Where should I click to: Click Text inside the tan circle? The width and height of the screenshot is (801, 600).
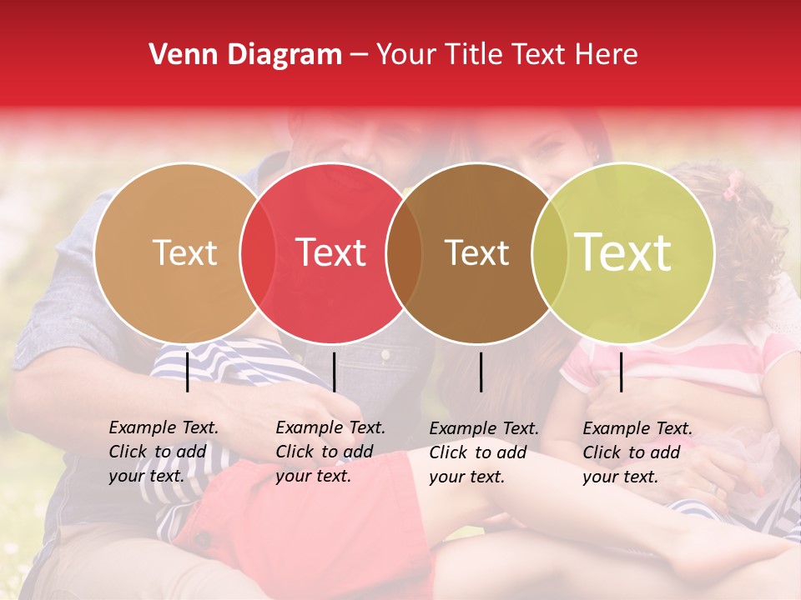(184, 252)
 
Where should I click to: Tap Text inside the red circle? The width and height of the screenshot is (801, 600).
(331, 252)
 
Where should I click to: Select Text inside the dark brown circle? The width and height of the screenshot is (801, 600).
(476, 252)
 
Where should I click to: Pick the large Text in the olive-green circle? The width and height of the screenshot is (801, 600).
(623, 252)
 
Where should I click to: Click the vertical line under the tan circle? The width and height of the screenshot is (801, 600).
(188, 372)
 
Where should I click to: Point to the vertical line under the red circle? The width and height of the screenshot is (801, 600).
(334, 372)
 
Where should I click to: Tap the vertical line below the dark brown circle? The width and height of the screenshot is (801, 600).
(481, 372)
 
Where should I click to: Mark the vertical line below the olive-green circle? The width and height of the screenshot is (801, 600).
(622, 372)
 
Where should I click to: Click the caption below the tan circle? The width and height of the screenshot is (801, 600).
(164, 452)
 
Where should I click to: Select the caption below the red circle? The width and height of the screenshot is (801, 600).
(330, 452)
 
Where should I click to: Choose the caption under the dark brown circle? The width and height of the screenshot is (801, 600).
(484, 452)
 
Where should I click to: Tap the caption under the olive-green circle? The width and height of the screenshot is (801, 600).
(637, 452)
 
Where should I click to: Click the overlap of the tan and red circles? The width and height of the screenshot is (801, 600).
(258, 252)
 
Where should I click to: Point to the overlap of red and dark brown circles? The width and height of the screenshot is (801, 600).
(405, 252)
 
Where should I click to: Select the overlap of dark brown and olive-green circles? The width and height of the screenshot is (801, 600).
(550, 252)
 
